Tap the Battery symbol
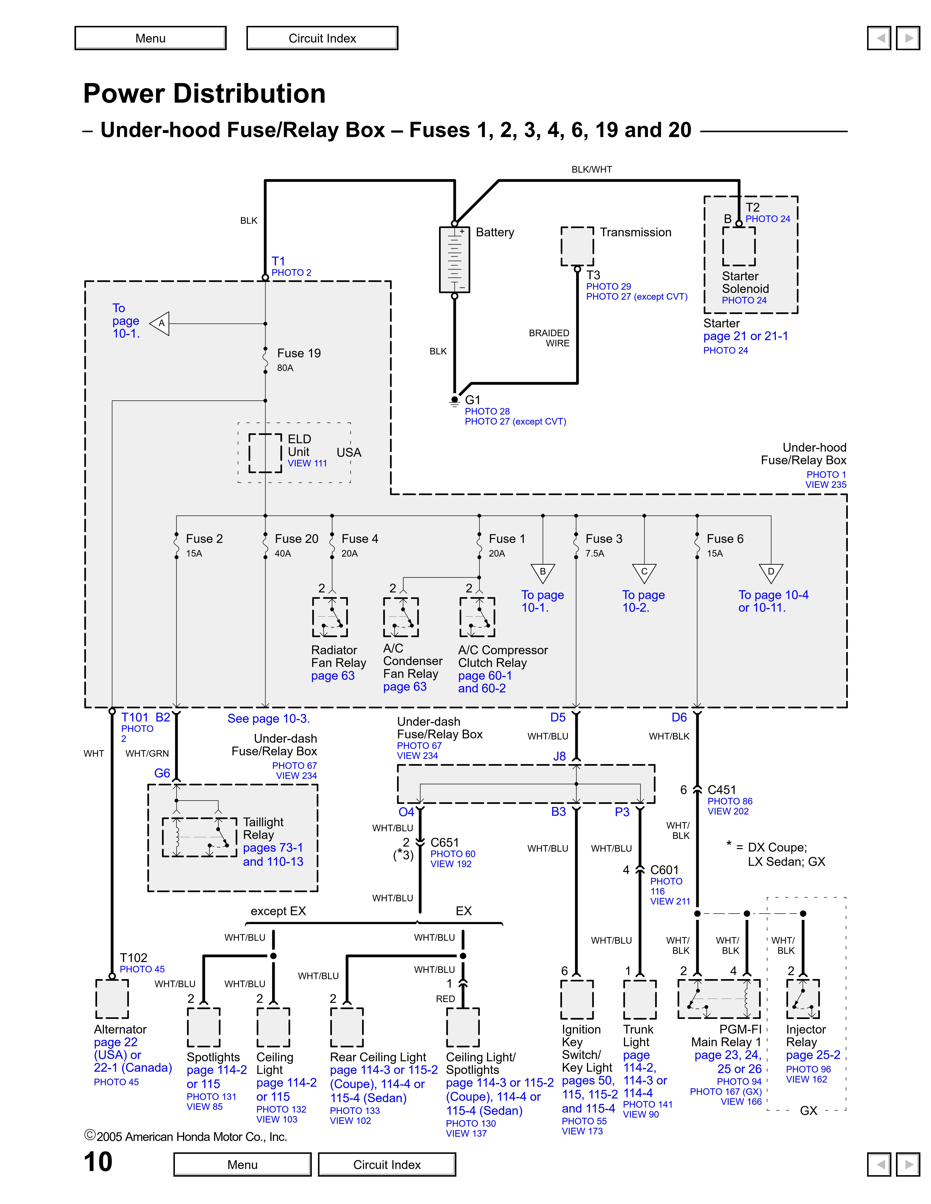click(x=455, y=259)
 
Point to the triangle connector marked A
click(x=160, y=324)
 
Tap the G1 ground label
click(x=473, y=400)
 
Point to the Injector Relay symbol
click(x=803, y=999)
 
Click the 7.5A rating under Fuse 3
click(x=595, y=553)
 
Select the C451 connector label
click(x=721, y=790)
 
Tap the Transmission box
click(x=577, y=246)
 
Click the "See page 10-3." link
click(x=269, y=719)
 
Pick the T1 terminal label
click(x=278, y=261)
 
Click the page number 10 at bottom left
click(x=98, y=1162)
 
